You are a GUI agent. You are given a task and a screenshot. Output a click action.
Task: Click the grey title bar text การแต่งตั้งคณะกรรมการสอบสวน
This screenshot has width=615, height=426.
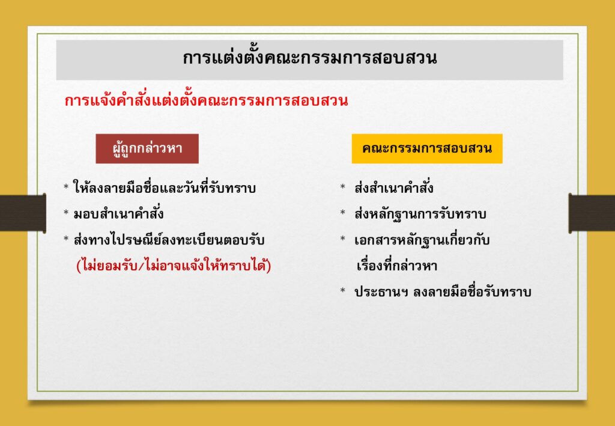(310, 58)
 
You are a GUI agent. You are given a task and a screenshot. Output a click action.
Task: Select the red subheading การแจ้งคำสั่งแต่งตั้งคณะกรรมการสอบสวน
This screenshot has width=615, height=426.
(207, 101)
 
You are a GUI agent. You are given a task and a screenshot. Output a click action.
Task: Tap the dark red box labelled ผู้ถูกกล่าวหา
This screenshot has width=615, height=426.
(147, 148)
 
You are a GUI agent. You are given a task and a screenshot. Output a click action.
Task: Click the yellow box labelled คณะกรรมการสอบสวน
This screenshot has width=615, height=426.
(427, 148)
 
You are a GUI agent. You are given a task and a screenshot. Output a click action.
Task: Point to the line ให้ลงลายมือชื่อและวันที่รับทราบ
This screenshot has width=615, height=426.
(165, 188)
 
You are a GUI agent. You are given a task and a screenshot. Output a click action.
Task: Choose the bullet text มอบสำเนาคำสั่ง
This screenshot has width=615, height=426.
(118, 214)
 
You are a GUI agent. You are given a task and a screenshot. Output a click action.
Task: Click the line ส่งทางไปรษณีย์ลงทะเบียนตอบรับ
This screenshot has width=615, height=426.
(169, 240)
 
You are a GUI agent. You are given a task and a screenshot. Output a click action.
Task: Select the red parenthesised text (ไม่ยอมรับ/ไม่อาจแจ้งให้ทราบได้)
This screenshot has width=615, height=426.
(174, 266)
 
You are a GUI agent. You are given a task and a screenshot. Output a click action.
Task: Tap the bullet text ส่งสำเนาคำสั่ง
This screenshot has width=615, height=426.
(394, 188)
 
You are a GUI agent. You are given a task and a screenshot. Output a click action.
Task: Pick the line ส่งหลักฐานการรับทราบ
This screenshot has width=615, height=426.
(420, 214)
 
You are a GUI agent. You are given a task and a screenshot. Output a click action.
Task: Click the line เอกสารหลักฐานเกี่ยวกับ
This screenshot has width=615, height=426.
(422, 240)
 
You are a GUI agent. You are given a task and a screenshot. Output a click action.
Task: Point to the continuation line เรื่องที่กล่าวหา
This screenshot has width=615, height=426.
(397, 266)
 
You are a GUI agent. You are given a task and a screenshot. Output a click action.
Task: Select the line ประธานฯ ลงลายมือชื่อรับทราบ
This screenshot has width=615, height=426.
(443, 292)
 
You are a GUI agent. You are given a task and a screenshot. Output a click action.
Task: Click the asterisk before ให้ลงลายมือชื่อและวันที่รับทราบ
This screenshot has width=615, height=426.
(66, 187)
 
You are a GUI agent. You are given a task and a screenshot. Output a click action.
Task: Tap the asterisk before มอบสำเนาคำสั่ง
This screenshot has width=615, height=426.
(66, 213)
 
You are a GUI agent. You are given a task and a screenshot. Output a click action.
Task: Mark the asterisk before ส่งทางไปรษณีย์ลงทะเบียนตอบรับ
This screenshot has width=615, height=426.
(66, 239)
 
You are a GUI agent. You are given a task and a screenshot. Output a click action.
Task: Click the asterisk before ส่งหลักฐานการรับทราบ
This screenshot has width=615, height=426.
(343, 213)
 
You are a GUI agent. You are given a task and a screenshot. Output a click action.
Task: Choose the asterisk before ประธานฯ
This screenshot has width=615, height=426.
(343, 291)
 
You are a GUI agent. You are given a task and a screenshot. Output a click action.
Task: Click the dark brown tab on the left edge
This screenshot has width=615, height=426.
(23, 212)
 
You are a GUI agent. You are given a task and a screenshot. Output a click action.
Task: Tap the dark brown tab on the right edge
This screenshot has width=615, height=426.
(592, 212)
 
